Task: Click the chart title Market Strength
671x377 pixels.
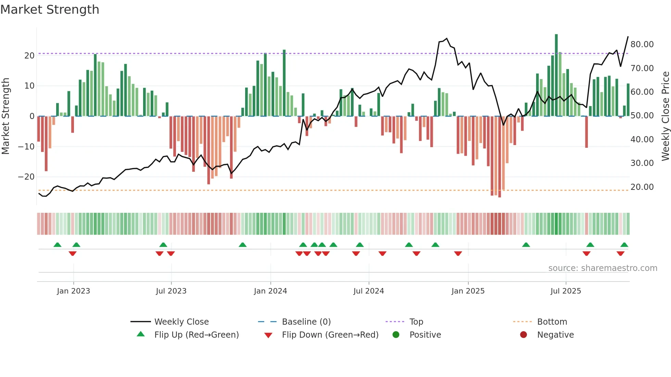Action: click(x=50, y=10)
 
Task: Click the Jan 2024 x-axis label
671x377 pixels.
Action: click(x=270, y=291)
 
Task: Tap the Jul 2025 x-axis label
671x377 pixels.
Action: click(x=566, y=291)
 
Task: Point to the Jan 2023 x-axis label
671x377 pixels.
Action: click(x=73, y=291)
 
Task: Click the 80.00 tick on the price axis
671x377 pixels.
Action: click(x=642, y=44)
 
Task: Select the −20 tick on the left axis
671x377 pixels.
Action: click(x=26, y=177)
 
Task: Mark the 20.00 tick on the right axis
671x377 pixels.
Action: click(x=642, y=187)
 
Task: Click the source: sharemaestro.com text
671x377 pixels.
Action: click(x=603, y=268)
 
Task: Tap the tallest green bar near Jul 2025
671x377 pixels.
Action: click(x=556, y=75)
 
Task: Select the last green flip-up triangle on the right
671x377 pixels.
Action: click(x=624, y=245)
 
